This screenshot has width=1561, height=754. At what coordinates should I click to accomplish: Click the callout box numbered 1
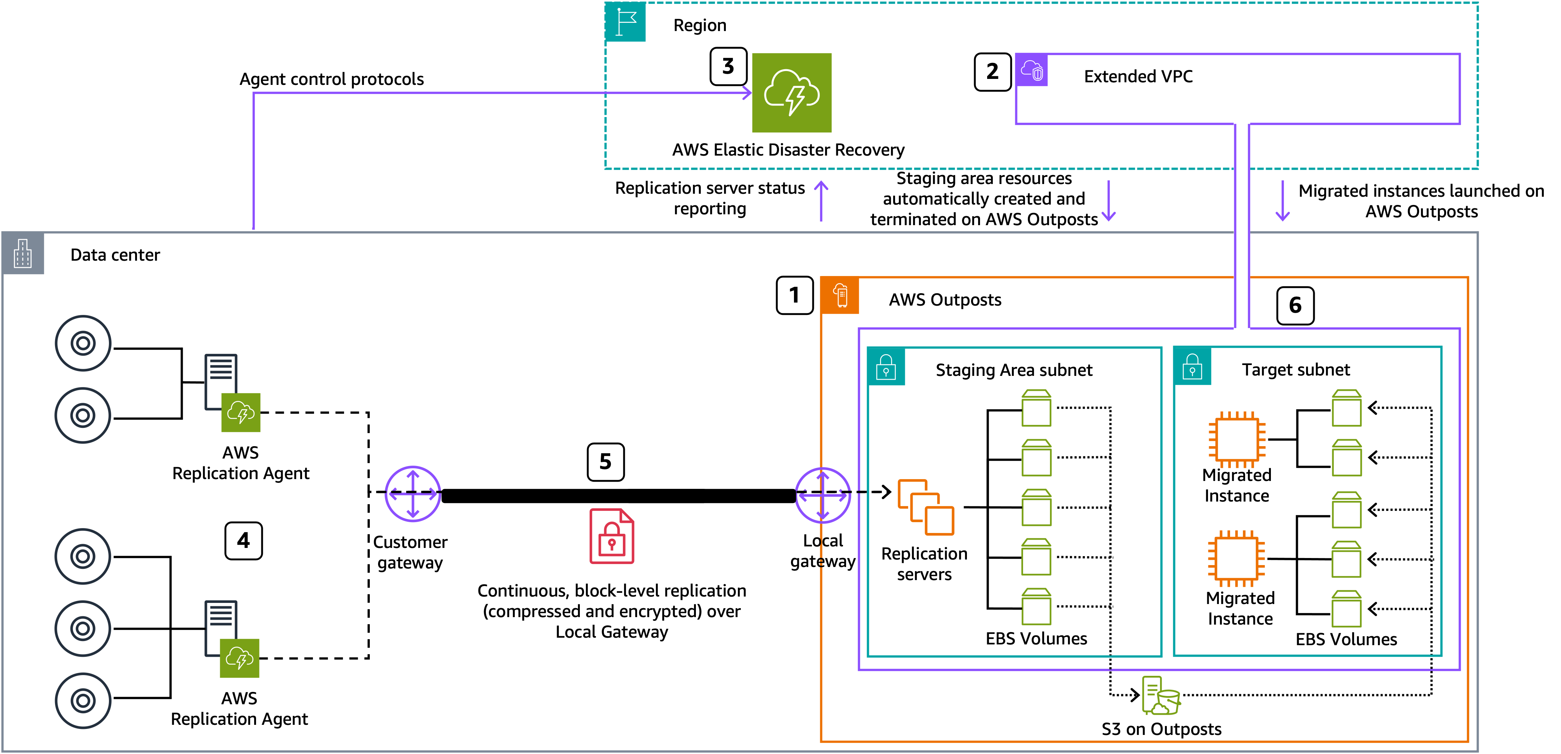point(794,295)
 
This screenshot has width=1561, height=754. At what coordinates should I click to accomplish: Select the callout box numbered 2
point(992,71)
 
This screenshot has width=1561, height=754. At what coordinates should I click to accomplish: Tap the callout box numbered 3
point(728,66)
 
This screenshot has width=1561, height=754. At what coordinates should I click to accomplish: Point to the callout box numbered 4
point(243,540)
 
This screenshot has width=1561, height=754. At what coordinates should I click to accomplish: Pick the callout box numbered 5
point(605,462)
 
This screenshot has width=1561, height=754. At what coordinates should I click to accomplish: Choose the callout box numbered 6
point(1295,305)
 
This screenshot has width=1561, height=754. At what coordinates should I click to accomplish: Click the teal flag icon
point(626,22)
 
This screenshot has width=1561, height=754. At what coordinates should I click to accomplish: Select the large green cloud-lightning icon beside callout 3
point(791,93)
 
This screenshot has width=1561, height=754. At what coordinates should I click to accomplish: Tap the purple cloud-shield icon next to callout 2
point(1031,70)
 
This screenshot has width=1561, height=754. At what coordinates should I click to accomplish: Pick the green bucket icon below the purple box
point(1160,696)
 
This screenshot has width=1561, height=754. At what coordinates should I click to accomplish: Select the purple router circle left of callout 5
point(413,494)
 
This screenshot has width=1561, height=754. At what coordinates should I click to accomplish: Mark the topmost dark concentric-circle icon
point(83,343)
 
